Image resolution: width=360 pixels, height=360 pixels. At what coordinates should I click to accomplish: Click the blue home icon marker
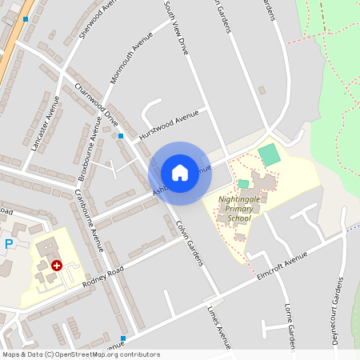[x=180, y=173]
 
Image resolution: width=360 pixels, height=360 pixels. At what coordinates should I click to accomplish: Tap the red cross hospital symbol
[x=56, y=264]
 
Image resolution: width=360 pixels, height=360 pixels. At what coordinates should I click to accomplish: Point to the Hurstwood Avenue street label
[x=168, y=124]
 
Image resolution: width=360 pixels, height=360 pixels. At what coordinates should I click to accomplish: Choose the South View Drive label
[x=176, y=27]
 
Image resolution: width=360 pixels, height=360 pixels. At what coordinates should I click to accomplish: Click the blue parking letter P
[x=9, y=244]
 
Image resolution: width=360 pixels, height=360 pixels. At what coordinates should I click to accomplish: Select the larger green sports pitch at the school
[x=270, y=154]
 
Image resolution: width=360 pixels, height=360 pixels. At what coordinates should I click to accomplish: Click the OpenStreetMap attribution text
[x=80, y=354]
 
